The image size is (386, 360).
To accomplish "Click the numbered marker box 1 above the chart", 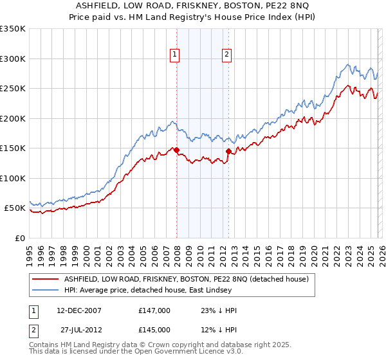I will click(175, 55).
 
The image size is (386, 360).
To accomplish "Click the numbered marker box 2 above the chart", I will click(227, 55).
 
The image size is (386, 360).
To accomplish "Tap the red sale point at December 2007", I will click(176, 150).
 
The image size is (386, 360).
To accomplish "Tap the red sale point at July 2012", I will click(228, 152).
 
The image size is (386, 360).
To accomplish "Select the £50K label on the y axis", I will click(15, 208).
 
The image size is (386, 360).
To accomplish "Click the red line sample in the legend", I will click(46, 279).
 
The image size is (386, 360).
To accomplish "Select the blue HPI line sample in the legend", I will click(46, 290).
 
